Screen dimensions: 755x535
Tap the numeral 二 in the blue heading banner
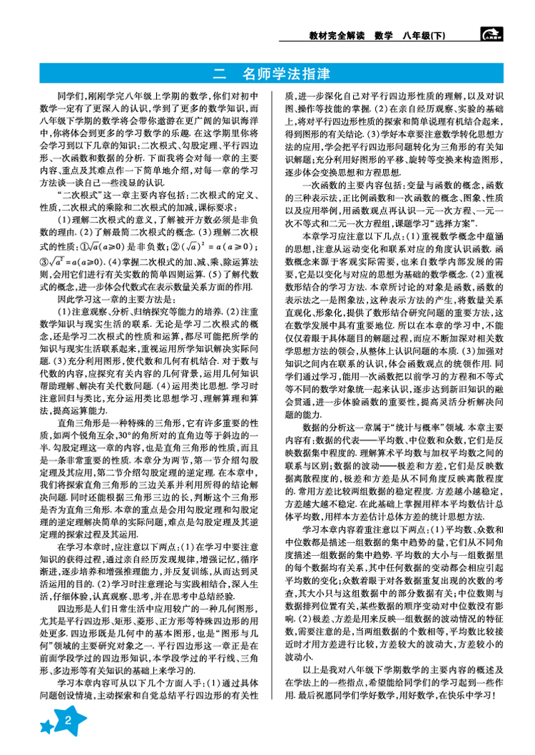pyautogui.click(x=220, y=73)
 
